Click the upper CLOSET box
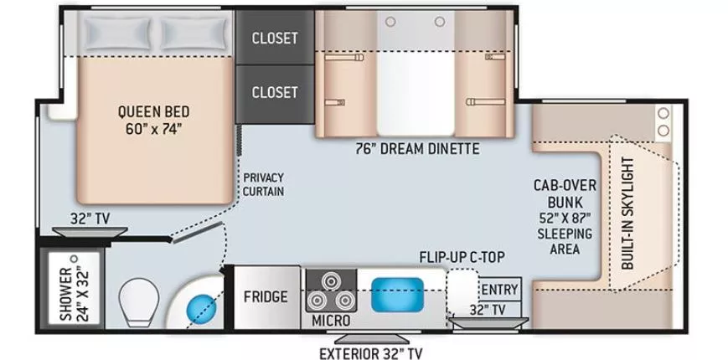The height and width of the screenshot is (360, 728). tap(275, 38)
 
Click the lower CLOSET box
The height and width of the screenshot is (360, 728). tap(275, 91)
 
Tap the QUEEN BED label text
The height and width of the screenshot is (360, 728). tap(152, 120)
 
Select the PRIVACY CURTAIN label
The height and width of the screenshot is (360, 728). tap(264, 184)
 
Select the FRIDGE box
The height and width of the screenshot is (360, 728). tap(266, 296)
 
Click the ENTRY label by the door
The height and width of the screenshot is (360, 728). tap(499, 290)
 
